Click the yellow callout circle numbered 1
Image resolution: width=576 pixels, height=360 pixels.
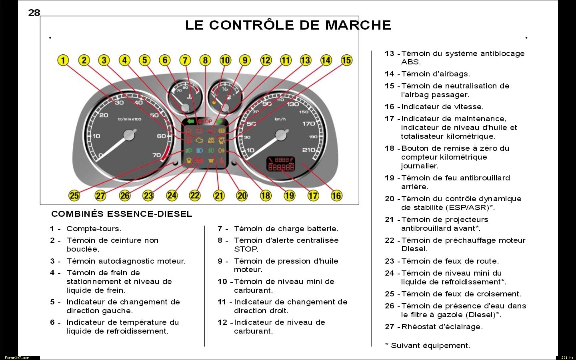click(63, 60)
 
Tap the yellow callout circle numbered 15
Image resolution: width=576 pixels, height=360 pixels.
click(346, 60)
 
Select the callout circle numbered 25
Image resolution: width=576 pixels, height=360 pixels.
click(74, 196)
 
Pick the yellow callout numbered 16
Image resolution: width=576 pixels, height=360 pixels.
click(336, 196)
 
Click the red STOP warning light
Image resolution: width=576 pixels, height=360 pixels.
click(205, 122)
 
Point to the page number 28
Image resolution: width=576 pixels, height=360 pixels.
click(34, 13)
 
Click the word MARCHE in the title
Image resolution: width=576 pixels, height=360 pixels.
click(358, 25)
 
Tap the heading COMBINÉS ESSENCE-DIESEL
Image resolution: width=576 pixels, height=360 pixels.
click(122, 214)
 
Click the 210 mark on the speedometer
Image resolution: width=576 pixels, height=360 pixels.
click(308, 150)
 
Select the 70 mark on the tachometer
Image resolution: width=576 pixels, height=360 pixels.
click(157, 155)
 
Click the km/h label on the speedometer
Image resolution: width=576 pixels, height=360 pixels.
click(280, 119)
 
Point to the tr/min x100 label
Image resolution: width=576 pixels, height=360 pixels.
click(130, 119)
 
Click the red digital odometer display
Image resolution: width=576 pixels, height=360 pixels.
click(281, 164)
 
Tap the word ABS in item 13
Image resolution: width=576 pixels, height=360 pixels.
click(411, 62)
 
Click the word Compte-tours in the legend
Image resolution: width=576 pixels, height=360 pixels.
click(94, 229)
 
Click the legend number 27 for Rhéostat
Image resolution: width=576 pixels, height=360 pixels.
click(390, 327)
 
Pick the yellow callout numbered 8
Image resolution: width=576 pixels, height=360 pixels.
click(205, 60)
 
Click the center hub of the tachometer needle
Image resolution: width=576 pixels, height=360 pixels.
click(129, 135)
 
